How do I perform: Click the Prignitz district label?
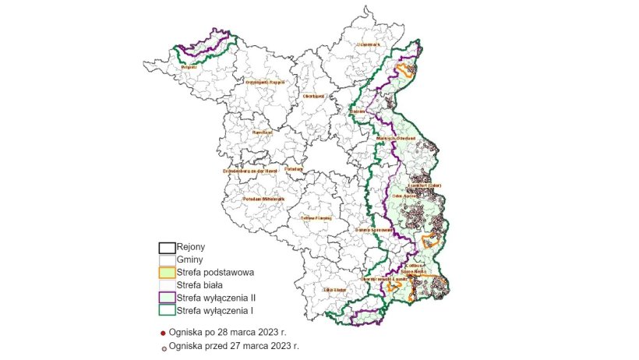click(188, 68)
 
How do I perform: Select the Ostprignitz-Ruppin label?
click(265, 82)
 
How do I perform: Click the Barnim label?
click(358, 111)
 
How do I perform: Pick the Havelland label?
click(262, 132)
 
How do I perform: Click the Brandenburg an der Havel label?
click(250, 170)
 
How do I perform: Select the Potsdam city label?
click(294, 168)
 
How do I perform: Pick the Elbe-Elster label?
click(334, 290)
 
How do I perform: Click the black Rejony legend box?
click(166, 247)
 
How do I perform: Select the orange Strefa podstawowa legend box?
click(166, 273)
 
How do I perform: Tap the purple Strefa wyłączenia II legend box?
click(166, 298)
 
